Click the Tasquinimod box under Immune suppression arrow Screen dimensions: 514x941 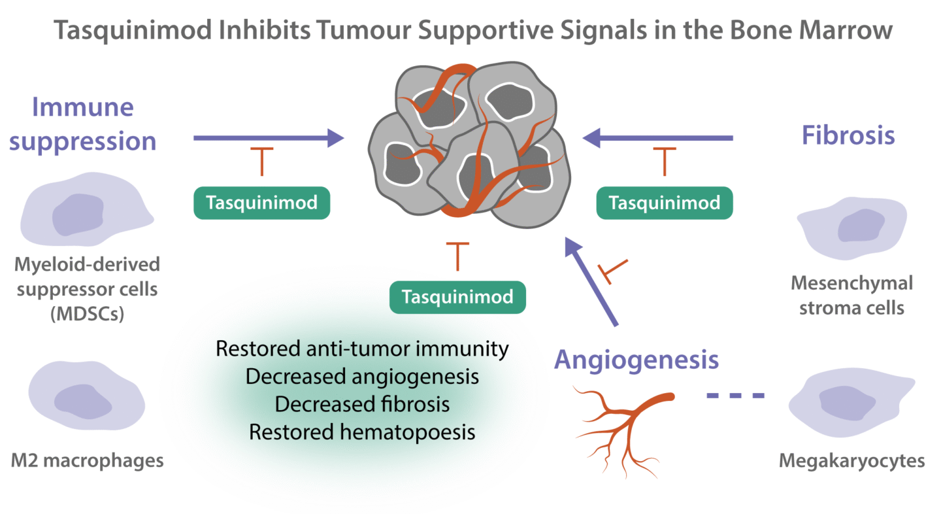[x=261, y=203]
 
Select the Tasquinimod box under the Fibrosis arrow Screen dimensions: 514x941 [x=664, y=203]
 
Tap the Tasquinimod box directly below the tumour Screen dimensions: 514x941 [x=457, y=298]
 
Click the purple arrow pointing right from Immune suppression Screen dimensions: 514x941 [x=268, y=137]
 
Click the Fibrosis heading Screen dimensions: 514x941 [x=848, y=136]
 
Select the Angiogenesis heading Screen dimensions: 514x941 [x=636, y=360]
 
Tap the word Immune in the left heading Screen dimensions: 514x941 [x=83, y=107]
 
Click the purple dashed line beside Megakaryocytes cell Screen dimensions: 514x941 [x=736, y=396]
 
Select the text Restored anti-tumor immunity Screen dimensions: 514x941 [x=361, y=349]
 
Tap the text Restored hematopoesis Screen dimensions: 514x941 [x=361, y=432]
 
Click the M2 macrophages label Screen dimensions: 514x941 [x=87, y=461]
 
